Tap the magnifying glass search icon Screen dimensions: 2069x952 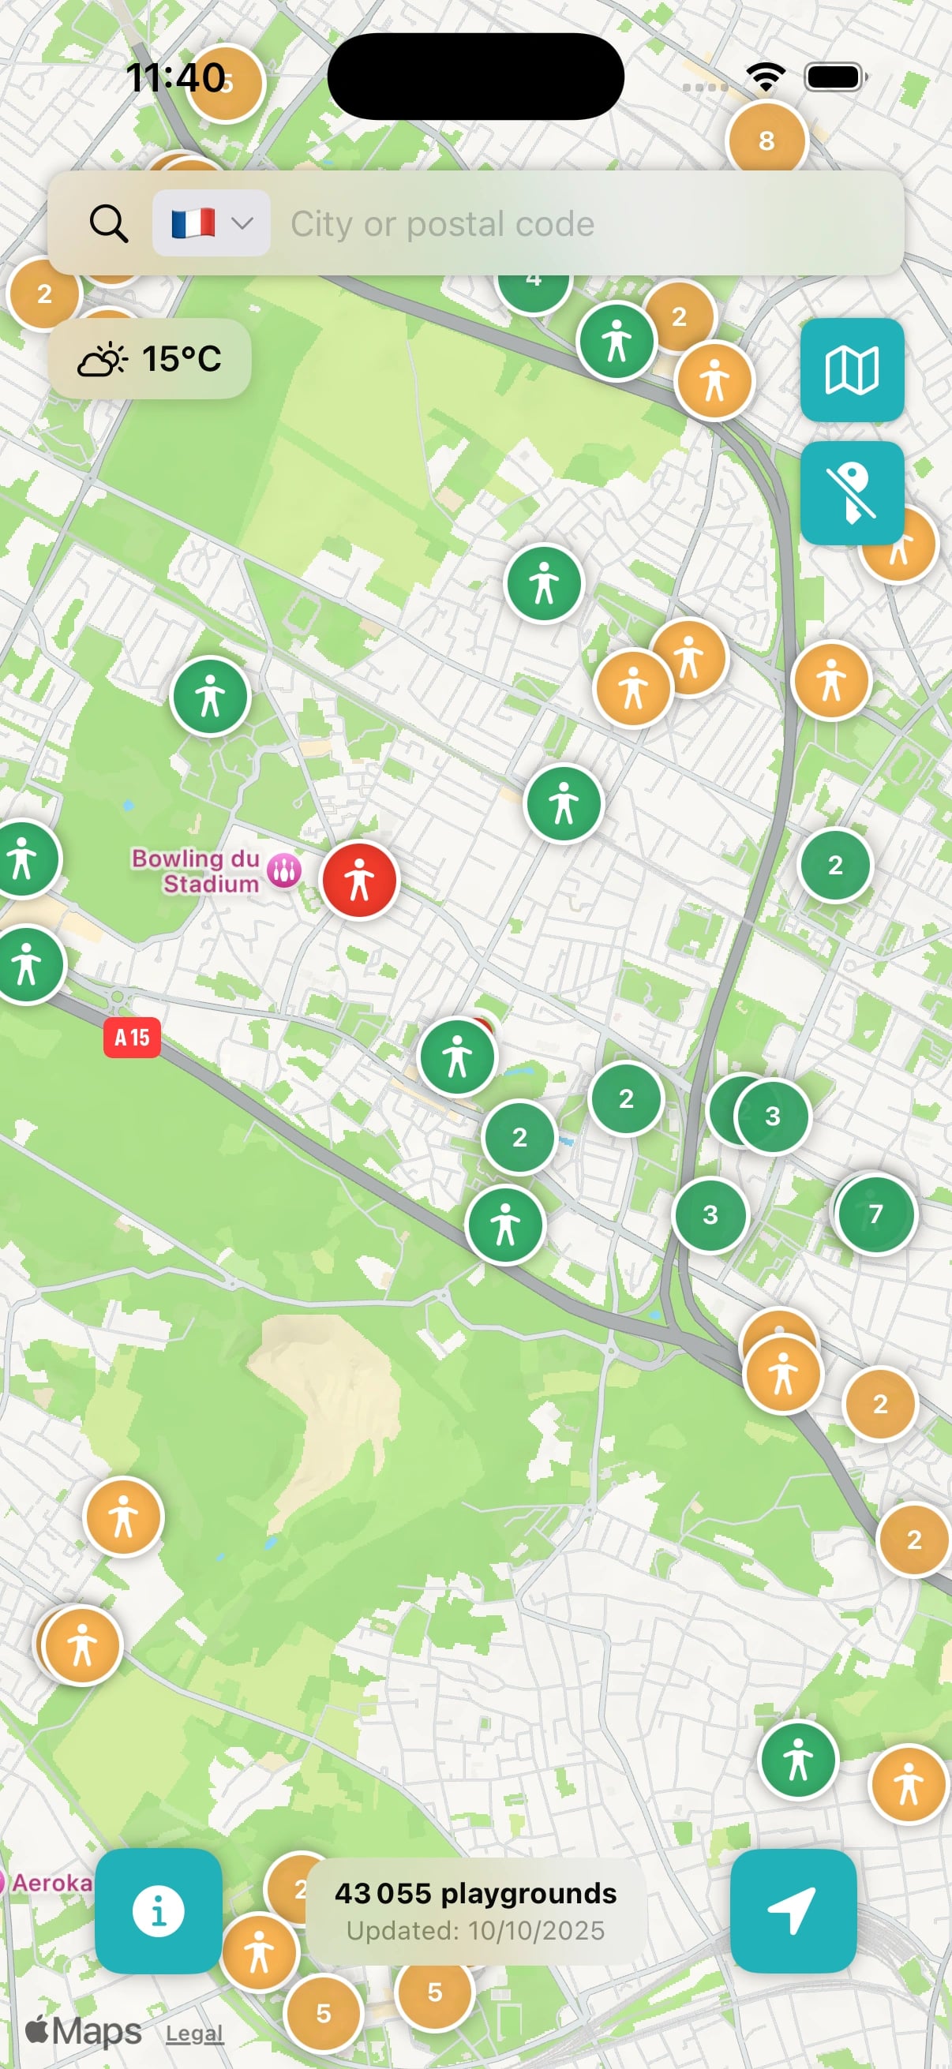[108, 223]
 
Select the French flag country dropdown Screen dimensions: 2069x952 [211, 223]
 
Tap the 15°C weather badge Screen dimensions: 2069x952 [149, 359]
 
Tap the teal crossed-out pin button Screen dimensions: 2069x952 [852, 493]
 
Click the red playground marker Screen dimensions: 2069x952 [359, 881]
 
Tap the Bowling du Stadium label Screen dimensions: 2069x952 [195, 870]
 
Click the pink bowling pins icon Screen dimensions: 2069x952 [283, 870]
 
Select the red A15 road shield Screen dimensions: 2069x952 [132, 1038]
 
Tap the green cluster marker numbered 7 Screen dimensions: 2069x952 [875, 1214]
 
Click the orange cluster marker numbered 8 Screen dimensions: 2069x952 [766, 140]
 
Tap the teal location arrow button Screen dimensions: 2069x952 [793, 1910]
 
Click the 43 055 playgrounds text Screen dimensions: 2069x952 [475, 1894]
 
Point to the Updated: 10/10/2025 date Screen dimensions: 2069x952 [475, 1931]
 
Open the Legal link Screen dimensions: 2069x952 [194, 2033]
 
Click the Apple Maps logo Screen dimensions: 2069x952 [83, 2031]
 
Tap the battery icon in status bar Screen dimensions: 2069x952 [835, 78]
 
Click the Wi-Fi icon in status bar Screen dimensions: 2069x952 [766, 78]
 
